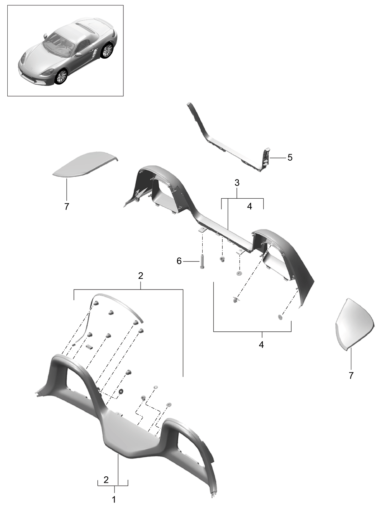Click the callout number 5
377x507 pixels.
[x=290, y=157]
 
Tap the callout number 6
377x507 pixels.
[x=179, y=261]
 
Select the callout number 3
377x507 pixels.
[x=237, y=183]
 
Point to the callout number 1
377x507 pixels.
[x=113, y=499]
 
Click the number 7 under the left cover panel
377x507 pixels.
[x=67, y=207]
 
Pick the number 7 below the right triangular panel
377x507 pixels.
[x=351, y=376]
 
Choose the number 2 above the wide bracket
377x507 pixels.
[x=141, y=275]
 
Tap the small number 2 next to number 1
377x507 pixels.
[x=106, y=479]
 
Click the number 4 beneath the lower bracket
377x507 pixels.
[x=261, y=344]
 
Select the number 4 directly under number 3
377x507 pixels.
[x=249, y=206]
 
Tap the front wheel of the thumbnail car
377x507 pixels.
[x=61, y=76]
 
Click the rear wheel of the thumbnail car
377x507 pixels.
[x=107, y=51]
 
